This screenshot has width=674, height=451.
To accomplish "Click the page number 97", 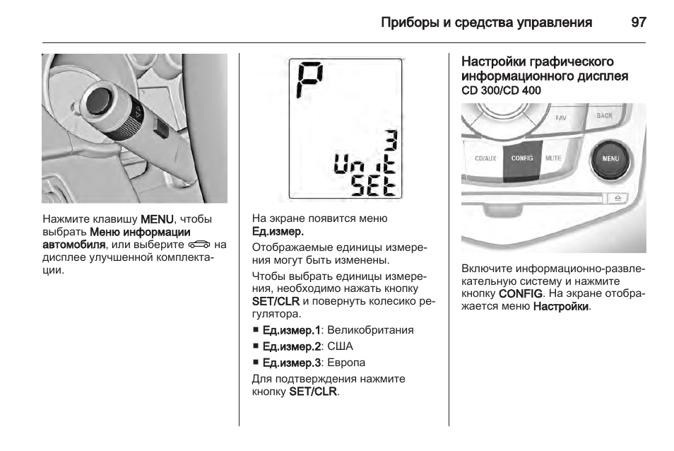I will coord(638,23).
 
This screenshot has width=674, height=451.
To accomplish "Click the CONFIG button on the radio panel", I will coord(521,159).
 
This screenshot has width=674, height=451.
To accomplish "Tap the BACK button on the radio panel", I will coord(604,116).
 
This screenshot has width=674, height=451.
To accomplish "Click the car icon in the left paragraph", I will coord(200,245).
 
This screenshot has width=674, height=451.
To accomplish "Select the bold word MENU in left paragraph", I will coord(157,219).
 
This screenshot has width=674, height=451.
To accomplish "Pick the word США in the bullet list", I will coord(340,346).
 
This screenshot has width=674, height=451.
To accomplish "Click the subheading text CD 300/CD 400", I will coord(501,91).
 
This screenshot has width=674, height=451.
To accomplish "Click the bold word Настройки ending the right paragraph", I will coord(561,307).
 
